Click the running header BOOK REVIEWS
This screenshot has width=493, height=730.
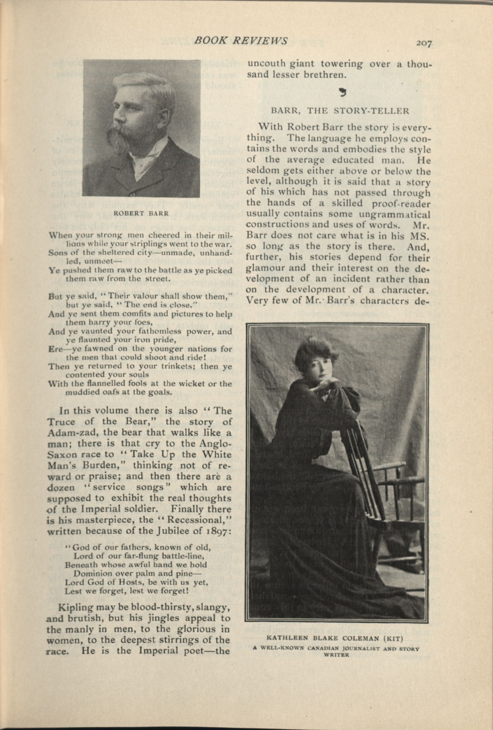tap(241, 40)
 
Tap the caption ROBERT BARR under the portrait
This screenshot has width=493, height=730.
tap(141, 213)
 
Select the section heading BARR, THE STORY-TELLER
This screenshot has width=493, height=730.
tap(340, 111)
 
